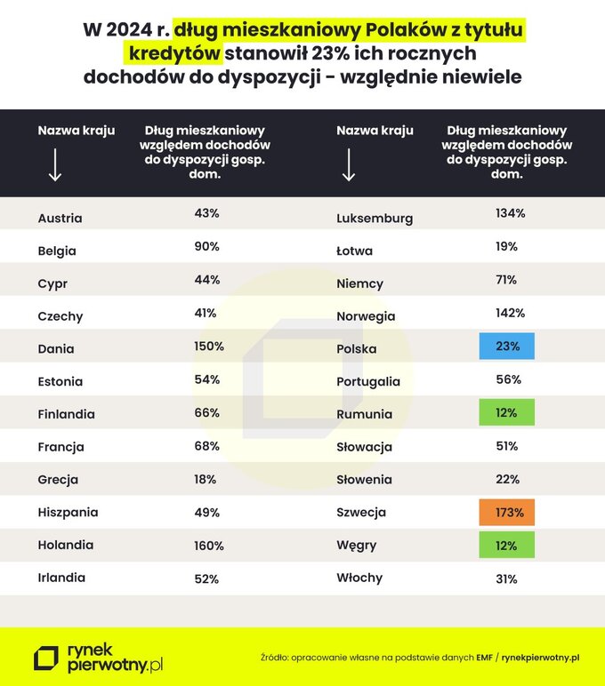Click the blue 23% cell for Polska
pos(506,347)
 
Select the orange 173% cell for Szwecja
pos(506,513)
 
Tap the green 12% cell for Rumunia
pos(506,412)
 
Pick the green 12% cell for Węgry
pos(506,545)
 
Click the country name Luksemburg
pos(375,218)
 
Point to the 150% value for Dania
pos(208,346)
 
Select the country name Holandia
pos(66,545)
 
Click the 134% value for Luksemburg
pos(510,213)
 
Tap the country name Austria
pos(60,218)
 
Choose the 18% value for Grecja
pos(206,479)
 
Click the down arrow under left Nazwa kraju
pos(55,165)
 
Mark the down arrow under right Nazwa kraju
pos(349,165)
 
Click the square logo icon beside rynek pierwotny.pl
pos(45,658)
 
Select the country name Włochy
pos(359,578)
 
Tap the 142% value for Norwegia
pos(510,313)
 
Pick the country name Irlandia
pos(62,578)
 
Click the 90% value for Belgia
pos(206,246)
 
